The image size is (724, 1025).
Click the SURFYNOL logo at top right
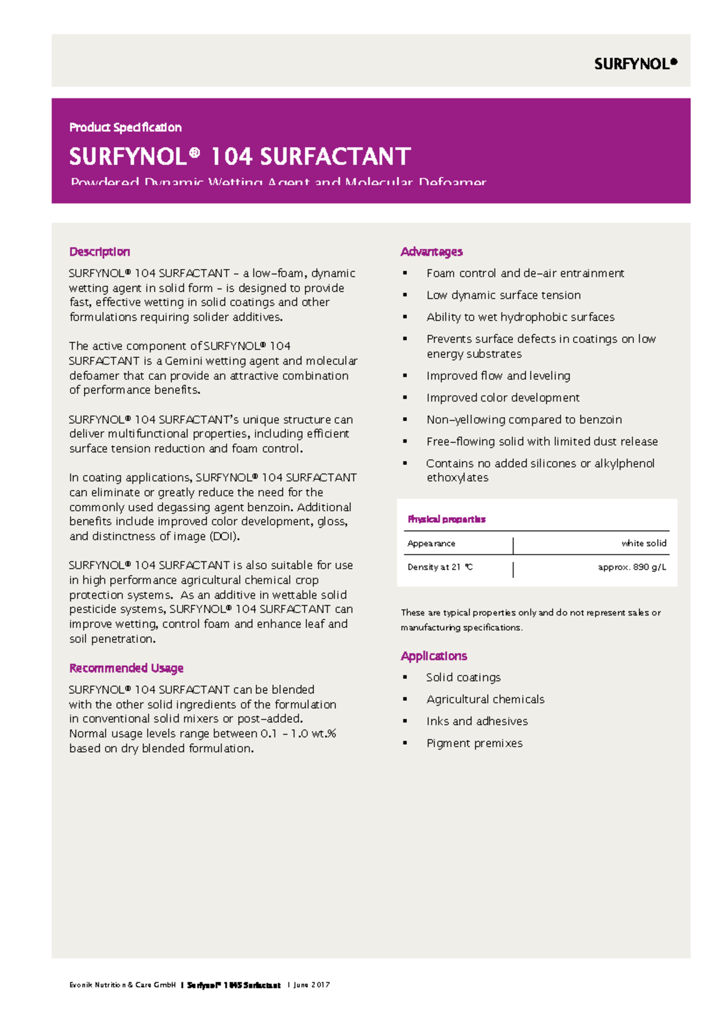[x=635, y=64]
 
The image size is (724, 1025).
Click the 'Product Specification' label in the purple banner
[x=125, y=127]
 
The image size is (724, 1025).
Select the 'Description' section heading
[x=100, y=252]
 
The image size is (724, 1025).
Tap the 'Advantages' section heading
[x=431, y=252]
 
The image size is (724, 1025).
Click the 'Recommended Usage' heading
[x=126, y=668]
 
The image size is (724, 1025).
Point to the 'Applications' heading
[x=434, y=656]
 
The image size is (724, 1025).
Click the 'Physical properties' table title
[x=446, y=519]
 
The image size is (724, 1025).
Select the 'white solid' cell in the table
[x=644, y=543]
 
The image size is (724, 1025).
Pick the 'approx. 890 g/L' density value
[x=632, y=567]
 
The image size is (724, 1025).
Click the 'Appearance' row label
[x=431, y=543]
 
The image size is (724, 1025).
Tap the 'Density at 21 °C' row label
[x=440, y=567]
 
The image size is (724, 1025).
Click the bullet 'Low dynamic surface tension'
[x=503, y=295]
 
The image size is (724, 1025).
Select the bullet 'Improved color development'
[x=503, y=398]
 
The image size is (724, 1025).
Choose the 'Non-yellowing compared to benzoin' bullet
[x=524, y=420]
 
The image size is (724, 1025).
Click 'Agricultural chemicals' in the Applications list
[x=485, y=700]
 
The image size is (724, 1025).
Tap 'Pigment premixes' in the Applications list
[x=474, y=744]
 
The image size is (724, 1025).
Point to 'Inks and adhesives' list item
[x=477, y=721]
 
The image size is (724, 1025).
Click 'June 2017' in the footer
[x=311, y=985]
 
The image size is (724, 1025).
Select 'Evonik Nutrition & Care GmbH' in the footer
[x=122, y=985]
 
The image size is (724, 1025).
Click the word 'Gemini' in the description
[x=183, y=361]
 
